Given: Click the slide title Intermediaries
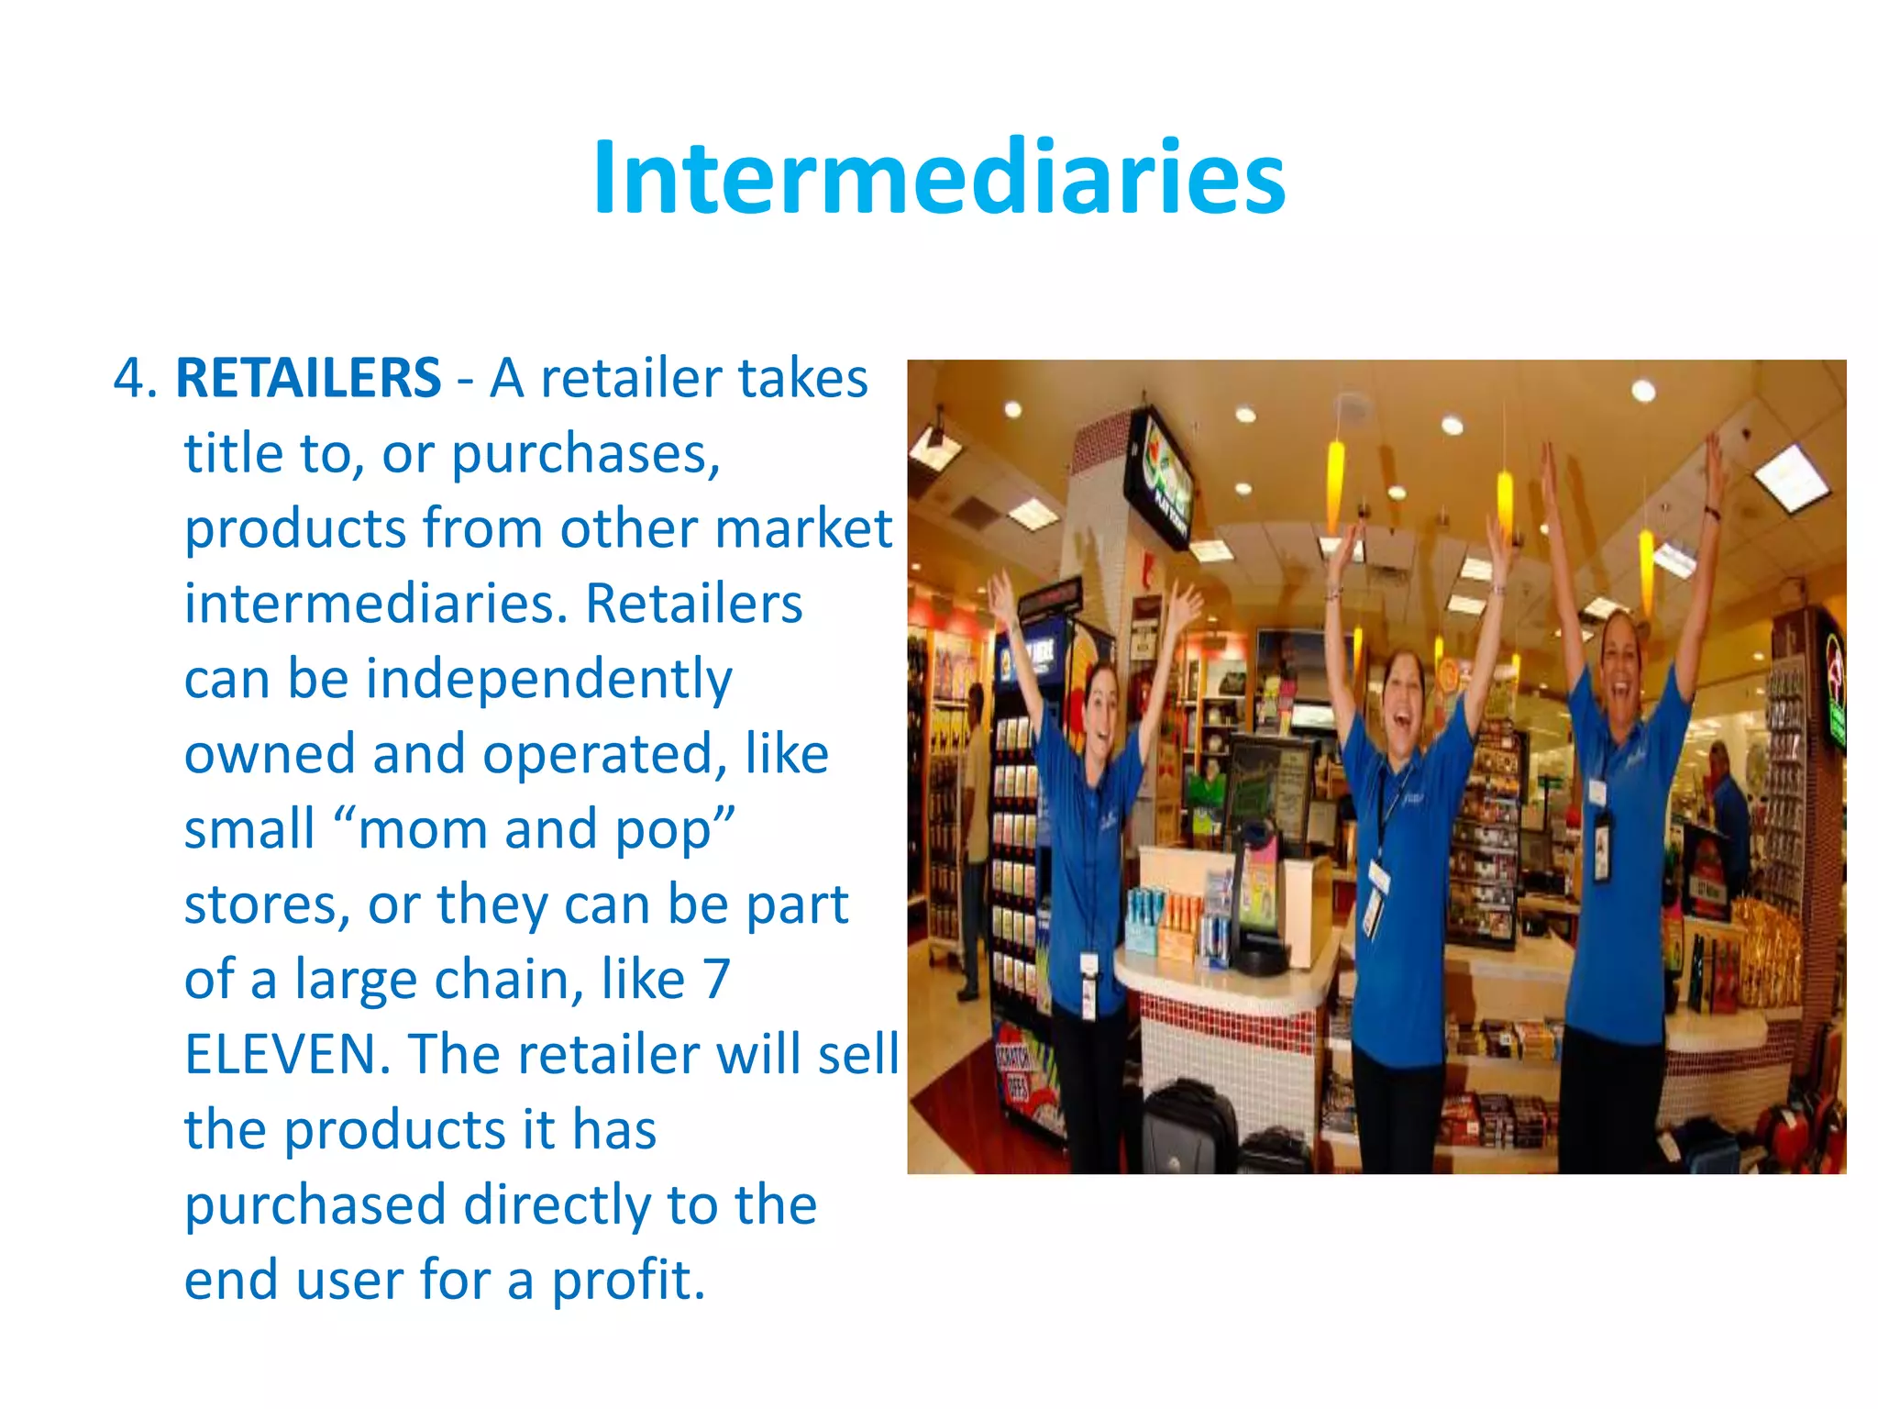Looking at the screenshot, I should [939, 178].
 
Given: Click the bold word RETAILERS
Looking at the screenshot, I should [308, 378].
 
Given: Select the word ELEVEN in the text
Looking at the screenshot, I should [281, 1054].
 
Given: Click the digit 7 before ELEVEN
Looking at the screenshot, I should [716, 979].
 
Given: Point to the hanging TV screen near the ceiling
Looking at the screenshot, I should [1161, 477].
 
